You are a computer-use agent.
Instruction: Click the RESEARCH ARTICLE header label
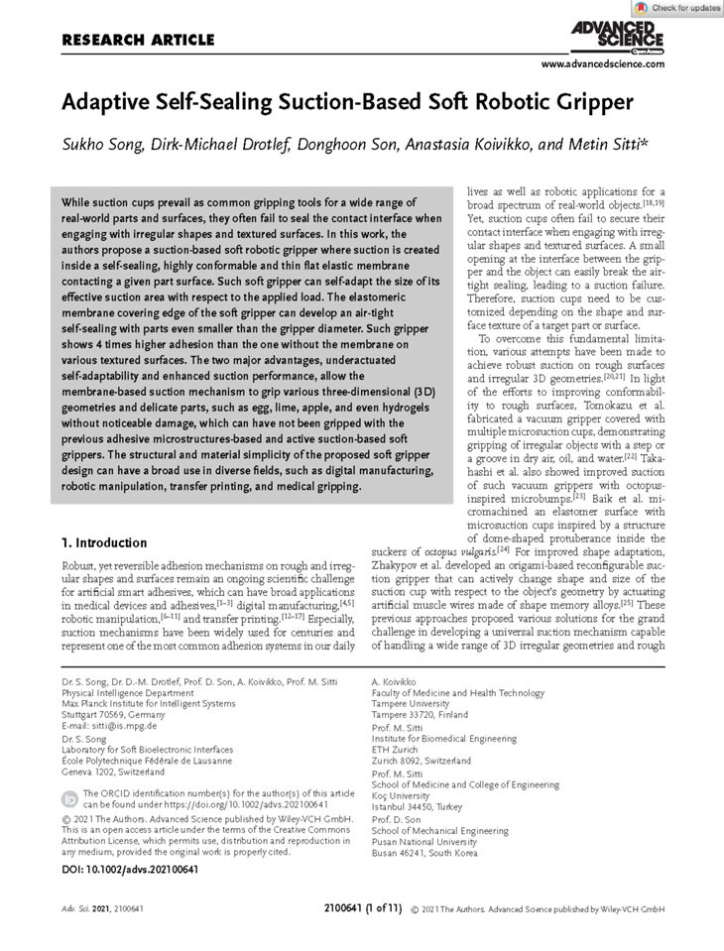pyautogui.click(x=138, y=41)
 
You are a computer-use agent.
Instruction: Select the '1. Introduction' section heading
pyautogui.click(x=104, y=542)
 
